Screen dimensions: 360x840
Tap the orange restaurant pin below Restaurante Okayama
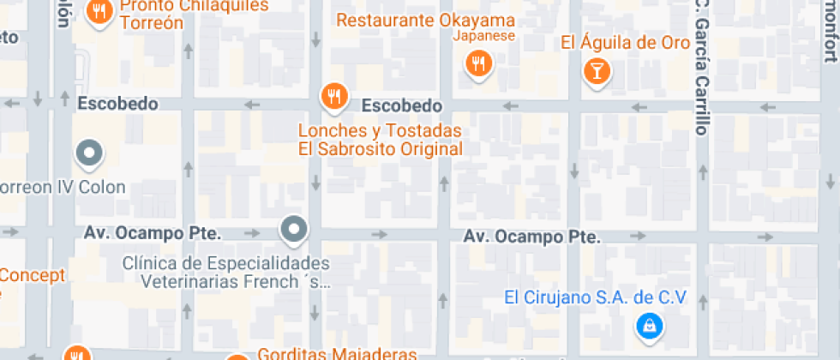point(478,63)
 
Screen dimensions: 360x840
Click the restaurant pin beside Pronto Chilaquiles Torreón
point(100,11)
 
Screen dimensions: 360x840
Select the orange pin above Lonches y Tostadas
point(333,96)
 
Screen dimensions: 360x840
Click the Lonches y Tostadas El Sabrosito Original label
point(380,140)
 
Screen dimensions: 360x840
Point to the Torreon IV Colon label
point(63,187)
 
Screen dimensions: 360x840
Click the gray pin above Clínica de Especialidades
point(294,230)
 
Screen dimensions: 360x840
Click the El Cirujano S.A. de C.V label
point(595,297)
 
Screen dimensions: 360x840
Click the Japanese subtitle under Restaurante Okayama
point(483,36)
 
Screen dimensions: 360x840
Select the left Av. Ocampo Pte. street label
point(153,233)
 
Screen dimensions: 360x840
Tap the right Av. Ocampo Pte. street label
point(531,236)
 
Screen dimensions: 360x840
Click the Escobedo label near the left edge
point(118,104)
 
